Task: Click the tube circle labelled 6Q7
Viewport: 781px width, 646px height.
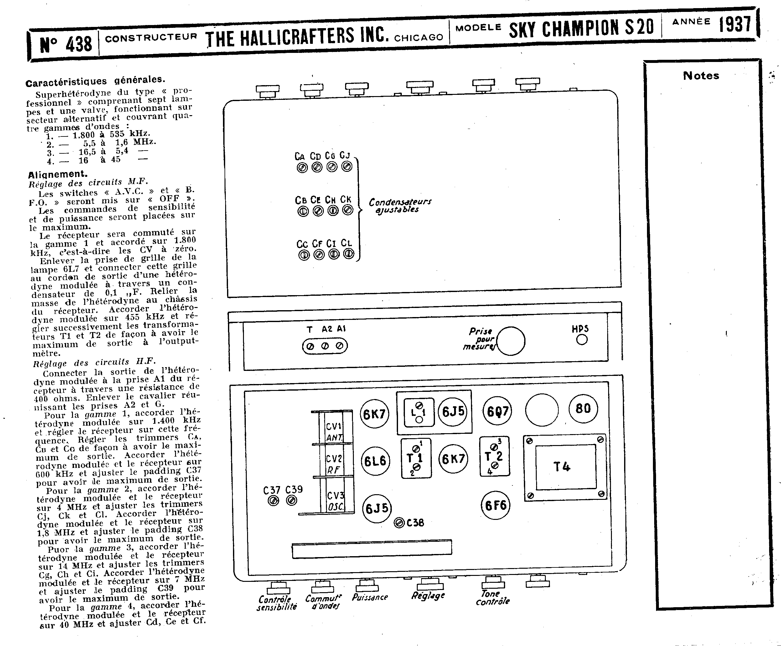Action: point(497,411)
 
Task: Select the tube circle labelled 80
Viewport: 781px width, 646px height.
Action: point(583,408)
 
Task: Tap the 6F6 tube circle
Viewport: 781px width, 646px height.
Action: point(495,505)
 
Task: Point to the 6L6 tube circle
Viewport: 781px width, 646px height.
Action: point(375,461)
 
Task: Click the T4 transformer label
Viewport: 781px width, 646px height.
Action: point(561,467)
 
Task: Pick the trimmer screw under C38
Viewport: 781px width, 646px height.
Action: point(399,523)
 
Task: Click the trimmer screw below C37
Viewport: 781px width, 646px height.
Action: point(273,501)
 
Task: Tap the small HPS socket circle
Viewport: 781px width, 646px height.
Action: point(582,339)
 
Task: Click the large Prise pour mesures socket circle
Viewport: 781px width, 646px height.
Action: point(511,341)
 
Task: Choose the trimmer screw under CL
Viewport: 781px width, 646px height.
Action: point(349,254)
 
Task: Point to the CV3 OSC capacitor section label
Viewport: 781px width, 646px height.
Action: point(335,500)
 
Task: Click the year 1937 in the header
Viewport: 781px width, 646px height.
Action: point(735,24)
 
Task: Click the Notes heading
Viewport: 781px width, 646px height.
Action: point(701,76)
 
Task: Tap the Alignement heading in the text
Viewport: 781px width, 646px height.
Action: point(58,174)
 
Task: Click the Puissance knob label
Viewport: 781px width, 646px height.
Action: point(370,597)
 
